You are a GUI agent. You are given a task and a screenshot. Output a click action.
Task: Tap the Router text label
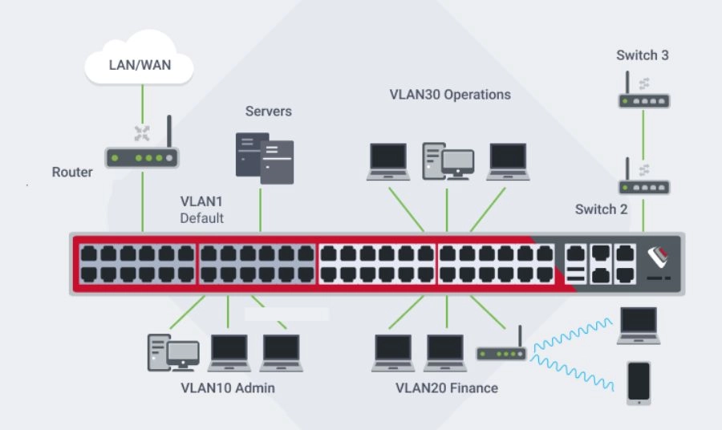click(x=72, y=172)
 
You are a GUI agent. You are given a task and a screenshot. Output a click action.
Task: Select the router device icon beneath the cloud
click(x=143, y=154)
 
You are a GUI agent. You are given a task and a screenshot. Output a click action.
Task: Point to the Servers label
click(x=268, y=111)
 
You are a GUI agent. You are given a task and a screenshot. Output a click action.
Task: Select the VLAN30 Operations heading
click(x=450, y=94)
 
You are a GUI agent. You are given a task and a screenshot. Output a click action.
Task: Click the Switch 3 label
click(x=643, y=55)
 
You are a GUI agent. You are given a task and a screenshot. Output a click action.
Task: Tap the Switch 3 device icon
click(x=643, y=99)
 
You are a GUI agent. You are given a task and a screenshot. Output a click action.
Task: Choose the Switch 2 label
click(x=602, y=209)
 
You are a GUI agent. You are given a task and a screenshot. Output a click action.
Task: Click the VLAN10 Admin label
click(x=229, y=388)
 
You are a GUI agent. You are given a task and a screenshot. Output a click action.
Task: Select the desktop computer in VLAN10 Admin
click(x=173, y=351)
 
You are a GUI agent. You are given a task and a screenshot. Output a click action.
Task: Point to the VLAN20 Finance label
click(x=447, y=388)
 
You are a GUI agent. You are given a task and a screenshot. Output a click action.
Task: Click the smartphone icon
click(x=639, y=383)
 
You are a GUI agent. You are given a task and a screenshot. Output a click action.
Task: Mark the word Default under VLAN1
click(x=201, y=218)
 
